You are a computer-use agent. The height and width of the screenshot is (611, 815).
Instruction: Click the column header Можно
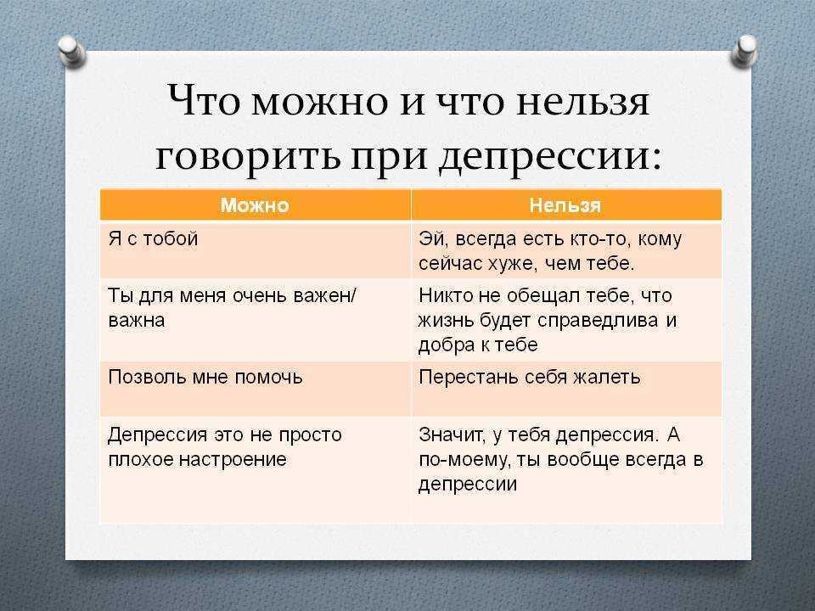[x=255, y=205]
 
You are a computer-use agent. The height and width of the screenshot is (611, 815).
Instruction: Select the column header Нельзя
[x=565, y=205]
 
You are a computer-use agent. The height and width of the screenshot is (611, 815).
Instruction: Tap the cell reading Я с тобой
[x=154, y=238]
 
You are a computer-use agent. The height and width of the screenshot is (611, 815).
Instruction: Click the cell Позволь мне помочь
[x=205, y=376]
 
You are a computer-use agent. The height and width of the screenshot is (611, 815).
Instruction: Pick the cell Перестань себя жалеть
[x=529, y=376]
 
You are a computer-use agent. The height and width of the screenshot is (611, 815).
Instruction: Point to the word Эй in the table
[x=431, y=239]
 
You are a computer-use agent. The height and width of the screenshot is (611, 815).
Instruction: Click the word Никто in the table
[x=442, y=296]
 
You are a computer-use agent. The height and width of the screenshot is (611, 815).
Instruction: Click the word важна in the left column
[x=137, y=321]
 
